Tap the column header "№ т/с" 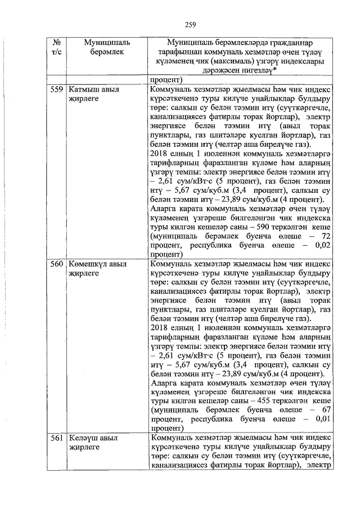(x=56, y=47)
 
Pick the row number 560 (x=56, y=263)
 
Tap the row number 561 (x=56, y=437)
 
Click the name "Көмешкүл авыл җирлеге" (x=97, y=268)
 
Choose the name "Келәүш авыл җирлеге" (x=93, y=442)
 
